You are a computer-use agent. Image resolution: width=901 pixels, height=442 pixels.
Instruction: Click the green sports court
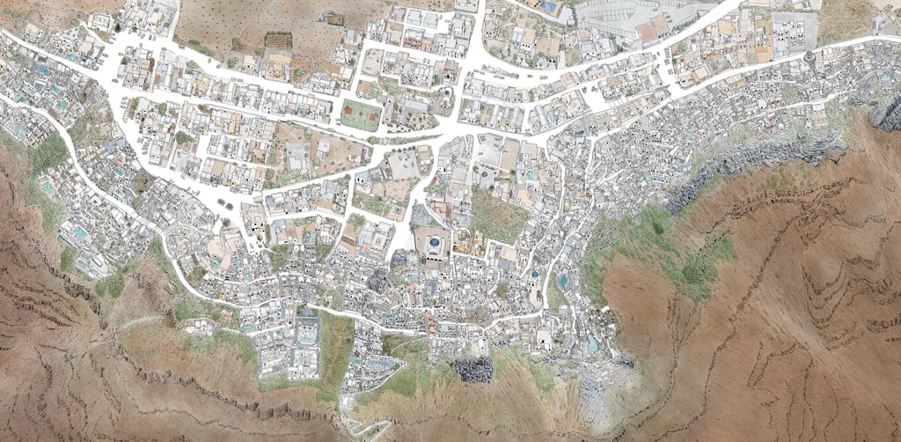(x=360, y=115)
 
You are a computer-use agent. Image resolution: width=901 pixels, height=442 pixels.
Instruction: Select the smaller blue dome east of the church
(x=533, y=274)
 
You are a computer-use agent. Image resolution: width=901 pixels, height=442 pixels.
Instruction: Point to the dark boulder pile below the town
(x=473, y=369)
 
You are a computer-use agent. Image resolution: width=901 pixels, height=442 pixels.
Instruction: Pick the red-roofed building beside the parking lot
(x=652, y=32)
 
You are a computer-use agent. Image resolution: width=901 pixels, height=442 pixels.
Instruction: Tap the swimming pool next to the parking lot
(x=547, y=6)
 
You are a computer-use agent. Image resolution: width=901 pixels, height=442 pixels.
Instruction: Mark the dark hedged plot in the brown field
(x=278, y=41)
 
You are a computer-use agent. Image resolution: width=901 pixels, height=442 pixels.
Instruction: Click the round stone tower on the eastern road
(x=809, y=57)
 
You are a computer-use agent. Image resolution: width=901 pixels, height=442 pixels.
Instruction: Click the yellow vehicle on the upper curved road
(x=543, y=77)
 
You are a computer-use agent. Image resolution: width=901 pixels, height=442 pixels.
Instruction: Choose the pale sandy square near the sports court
(x=404, y=164)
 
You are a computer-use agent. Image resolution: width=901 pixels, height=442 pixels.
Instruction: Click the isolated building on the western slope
(x=200, y=327)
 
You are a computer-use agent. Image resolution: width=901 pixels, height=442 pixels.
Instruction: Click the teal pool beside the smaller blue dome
(x=563, y=281)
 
